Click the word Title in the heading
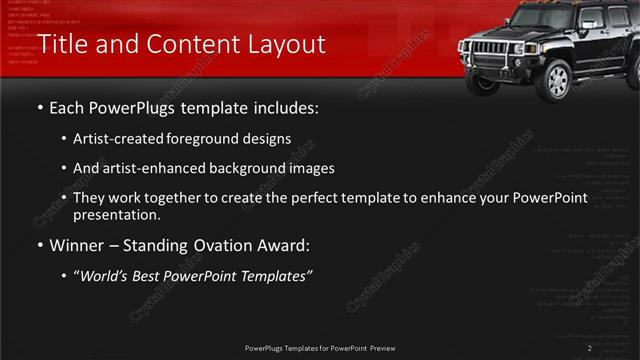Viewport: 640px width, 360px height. [59, 45]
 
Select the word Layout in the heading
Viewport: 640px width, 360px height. [283, 45]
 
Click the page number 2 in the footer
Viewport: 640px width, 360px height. [590, 347]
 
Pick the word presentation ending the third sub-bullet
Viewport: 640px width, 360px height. [115, 214]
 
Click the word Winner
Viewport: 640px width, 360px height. [77, 244]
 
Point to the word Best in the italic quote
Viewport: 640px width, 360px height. [154, 275]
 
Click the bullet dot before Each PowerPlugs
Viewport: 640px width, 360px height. [39, 108]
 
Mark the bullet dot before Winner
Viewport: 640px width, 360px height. [39, 244]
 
